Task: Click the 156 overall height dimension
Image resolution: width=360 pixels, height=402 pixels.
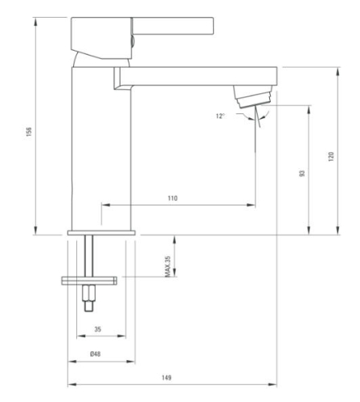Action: pos(29,132)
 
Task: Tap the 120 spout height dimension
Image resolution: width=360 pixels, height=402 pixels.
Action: pos(331,157)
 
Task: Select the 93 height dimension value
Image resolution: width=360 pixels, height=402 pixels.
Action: pos(302,174)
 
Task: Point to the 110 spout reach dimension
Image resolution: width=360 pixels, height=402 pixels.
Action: pos(173,199)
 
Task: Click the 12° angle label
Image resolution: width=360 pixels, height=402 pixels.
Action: pos(220,116)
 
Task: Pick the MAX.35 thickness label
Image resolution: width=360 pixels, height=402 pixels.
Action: pos(168,266)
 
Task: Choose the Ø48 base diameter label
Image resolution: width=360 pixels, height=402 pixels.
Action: pos(96,354)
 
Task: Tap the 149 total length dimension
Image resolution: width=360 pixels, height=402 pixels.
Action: pos(166,378)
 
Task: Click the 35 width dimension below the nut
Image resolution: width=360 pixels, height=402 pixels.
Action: pos(98,329)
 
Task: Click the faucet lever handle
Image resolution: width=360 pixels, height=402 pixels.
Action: pos(173,26)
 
